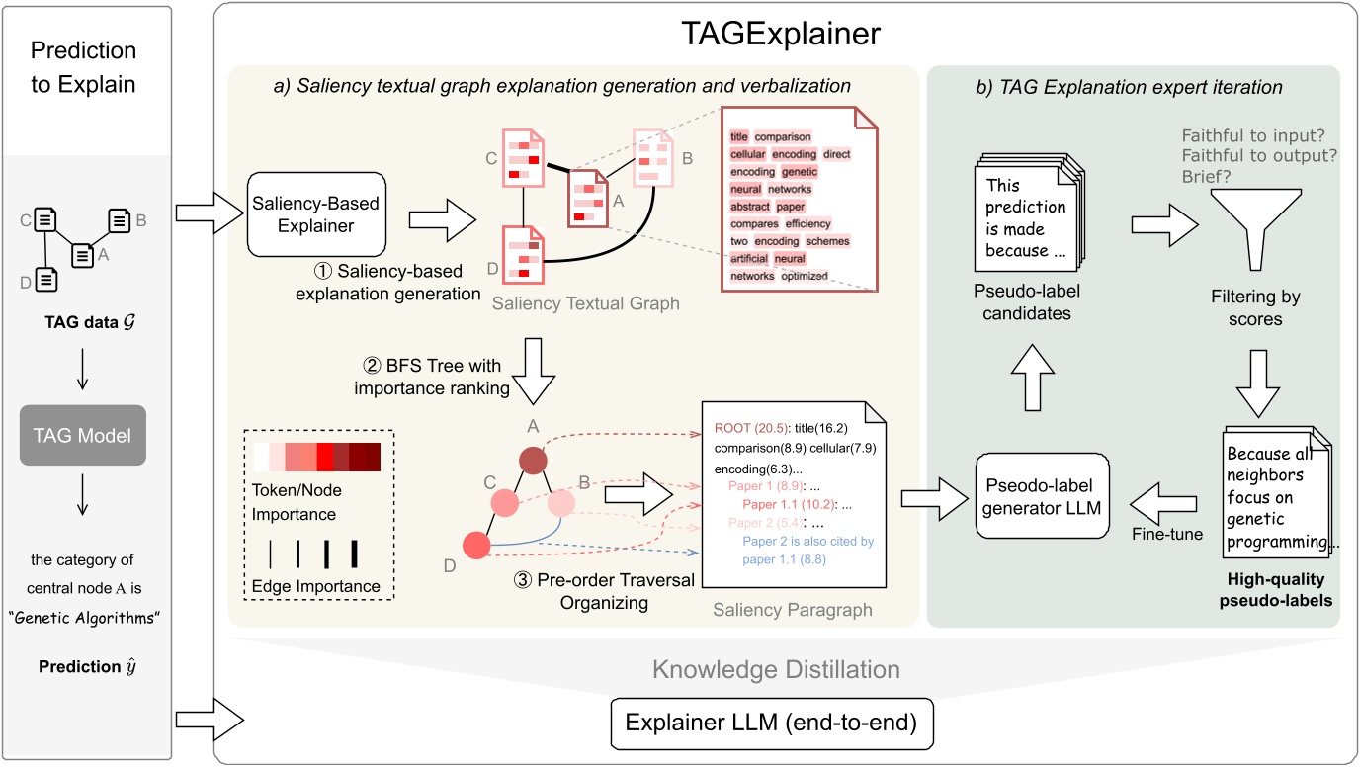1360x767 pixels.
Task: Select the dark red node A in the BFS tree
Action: pos(532,464)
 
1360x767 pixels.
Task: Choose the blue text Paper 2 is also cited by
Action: pos(807,542)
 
